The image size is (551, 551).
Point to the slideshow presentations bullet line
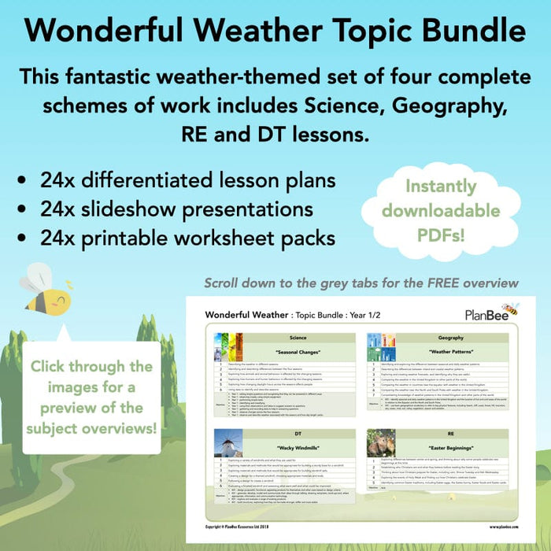[x=177, y=209]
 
